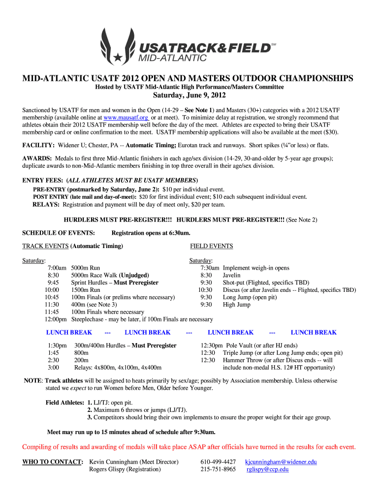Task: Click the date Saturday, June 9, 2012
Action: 189,95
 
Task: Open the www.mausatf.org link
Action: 126,118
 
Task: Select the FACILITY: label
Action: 38,146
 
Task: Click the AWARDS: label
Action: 37,158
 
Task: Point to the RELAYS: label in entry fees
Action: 46,204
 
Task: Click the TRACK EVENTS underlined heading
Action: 45,246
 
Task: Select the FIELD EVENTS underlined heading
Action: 212,246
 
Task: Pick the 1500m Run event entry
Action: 86,290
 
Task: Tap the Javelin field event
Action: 231,276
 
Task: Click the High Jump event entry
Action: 237,305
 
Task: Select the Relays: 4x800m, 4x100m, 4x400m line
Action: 118,368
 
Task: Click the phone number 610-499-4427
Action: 218,462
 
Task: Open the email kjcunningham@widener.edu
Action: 281,462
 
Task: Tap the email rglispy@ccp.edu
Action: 267,470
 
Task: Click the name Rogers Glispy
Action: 125,470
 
